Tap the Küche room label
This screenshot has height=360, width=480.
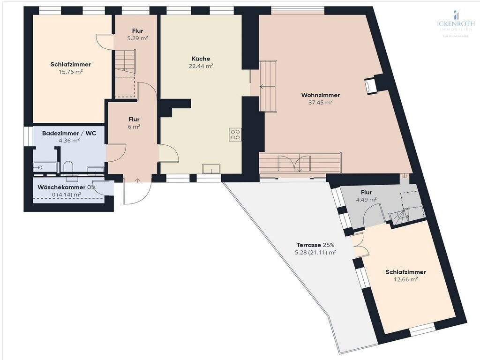coord(201,59)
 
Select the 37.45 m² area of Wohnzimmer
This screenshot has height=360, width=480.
coord(321,102)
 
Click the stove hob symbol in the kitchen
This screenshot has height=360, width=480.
coord(235,135)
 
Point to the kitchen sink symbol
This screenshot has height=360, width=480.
coord(211,169)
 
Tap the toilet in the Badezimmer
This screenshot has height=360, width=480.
coord(68,167)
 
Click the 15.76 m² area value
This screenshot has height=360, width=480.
coord(71,72)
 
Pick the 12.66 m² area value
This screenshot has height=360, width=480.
coord(405,279)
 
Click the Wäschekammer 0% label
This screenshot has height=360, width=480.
coord(67,187)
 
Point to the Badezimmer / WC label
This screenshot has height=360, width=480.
coord(69,133)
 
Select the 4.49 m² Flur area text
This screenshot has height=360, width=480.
coord(366,199)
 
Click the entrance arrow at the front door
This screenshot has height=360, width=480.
coord(137,180)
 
